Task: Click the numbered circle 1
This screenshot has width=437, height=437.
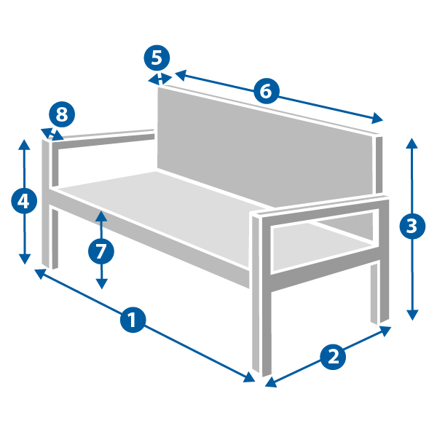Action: (133, 320)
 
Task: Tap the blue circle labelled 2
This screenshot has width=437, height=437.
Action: (333, 357)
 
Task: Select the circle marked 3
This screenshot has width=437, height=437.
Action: (412, 226)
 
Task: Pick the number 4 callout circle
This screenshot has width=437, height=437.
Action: (24, 201)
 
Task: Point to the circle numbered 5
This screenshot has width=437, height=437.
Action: (157, 58)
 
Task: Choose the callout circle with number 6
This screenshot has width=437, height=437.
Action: (266, 91)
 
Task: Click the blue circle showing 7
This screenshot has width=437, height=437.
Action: (101, 251)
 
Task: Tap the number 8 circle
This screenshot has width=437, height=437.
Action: (62, 114)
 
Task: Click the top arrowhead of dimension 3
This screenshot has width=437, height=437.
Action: (412, 143)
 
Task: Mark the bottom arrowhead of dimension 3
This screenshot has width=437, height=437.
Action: (412, 315)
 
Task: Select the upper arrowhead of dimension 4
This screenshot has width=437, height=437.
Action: (24, 144)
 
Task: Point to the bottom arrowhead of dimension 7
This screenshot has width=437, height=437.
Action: (102, 284)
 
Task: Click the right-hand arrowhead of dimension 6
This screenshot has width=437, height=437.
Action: (377, 118)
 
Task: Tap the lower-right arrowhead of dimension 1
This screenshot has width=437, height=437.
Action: (249, 377)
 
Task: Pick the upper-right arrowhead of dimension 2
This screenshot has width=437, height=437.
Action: (385, 331)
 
